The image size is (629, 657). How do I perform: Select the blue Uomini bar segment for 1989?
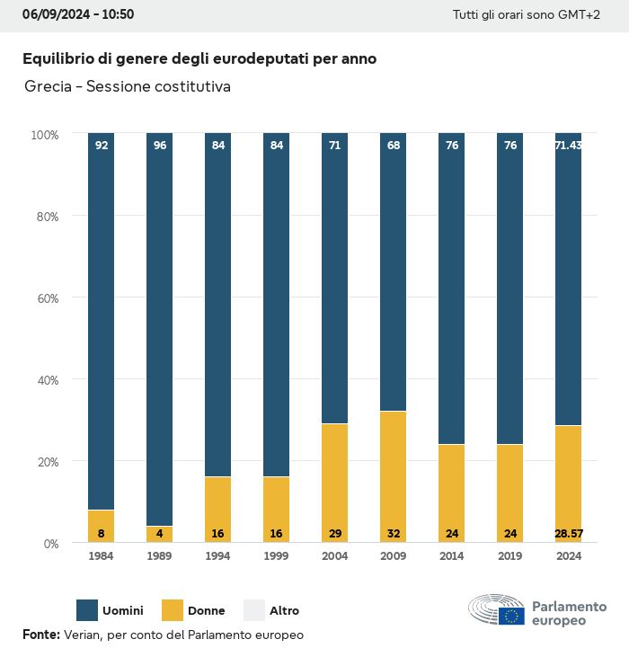pos(159,329)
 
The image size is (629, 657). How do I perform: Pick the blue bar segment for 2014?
pos(451,288)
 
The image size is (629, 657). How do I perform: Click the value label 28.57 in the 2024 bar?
pos(568,533)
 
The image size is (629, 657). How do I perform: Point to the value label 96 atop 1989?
pos(159,146)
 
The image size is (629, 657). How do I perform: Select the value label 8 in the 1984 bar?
pos(101,533)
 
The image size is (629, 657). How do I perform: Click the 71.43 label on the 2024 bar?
pos(568,146)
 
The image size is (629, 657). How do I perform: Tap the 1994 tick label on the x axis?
pos(217,556)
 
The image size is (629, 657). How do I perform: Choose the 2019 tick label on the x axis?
pos(509,556)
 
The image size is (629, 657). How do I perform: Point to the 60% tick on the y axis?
pos(46,297)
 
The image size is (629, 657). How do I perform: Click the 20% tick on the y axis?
pos(46,461)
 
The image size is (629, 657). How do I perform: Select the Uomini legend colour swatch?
pos(87,610)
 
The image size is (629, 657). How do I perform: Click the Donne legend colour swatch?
pos(172,610)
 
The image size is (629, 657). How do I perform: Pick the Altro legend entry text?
pos(284,611)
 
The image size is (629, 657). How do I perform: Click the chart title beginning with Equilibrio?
pos(199,58)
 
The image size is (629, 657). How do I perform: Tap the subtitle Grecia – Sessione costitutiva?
pos(128,87)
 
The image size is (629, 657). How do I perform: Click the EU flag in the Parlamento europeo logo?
pos(512,616)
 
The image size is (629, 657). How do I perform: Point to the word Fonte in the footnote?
pos(40,635)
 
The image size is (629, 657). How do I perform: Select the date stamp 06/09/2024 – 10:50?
pos(78,14)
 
